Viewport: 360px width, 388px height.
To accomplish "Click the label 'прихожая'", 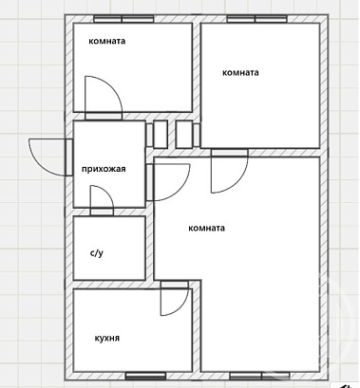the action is click(x=104, y=169).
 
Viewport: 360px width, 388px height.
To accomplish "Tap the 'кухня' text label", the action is click(x=107, y=338).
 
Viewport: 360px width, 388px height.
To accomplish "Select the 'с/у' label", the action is click(x=97, y=253).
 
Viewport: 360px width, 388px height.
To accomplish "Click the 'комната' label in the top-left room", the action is click(x=107, y=41).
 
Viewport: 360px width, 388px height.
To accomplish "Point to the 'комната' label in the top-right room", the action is click(x=240, y=73).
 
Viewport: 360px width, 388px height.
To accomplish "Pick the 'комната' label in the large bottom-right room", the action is click(x=206, y=229).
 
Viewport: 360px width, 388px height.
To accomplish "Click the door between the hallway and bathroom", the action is click(x=102, y=200).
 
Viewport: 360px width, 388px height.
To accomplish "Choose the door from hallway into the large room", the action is click(x=168, y=182).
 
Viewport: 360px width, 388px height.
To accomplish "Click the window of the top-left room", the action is click(x=123, y=19).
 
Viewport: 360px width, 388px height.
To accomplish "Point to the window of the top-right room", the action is click(x=257, y=19).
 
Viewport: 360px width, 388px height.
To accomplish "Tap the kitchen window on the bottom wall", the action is click(x=145, y=376).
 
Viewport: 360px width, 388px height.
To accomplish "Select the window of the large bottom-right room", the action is click(x=259, y=376).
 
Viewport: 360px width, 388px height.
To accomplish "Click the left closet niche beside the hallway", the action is click(x=157, y=134).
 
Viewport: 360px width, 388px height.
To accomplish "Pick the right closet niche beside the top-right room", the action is click(x=188, y=134).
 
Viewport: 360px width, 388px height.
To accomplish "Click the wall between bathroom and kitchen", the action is click(x=109, y=285).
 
